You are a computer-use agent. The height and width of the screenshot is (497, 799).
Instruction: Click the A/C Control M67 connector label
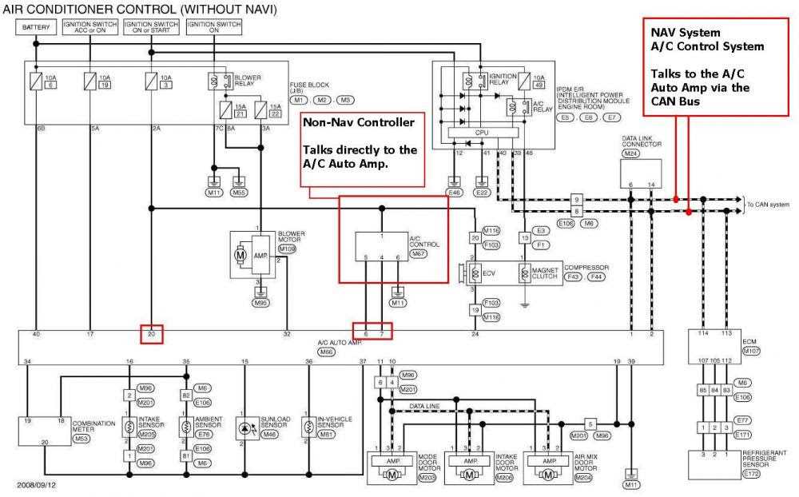[417, 253]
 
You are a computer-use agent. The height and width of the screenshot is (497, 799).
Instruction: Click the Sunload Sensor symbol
[244, 428]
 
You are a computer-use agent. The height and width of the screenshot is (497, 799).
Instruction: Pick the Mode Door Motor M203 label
[427, 476]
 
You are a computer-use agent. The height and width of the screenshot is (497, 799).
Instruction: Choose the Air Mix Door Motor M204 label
[584, 476]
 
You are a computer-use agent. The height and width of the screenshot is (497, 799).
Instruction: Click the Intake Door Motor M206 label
[506, 476]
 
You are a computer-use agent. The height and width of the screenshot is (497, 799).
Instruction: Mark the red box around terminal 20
[152, 334]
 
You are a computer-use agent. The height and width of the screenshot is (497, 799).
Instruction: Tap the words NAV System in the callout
[686, 33]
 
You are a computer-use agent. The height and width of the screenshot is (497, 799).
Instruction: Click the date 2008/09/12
[36, 485]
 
